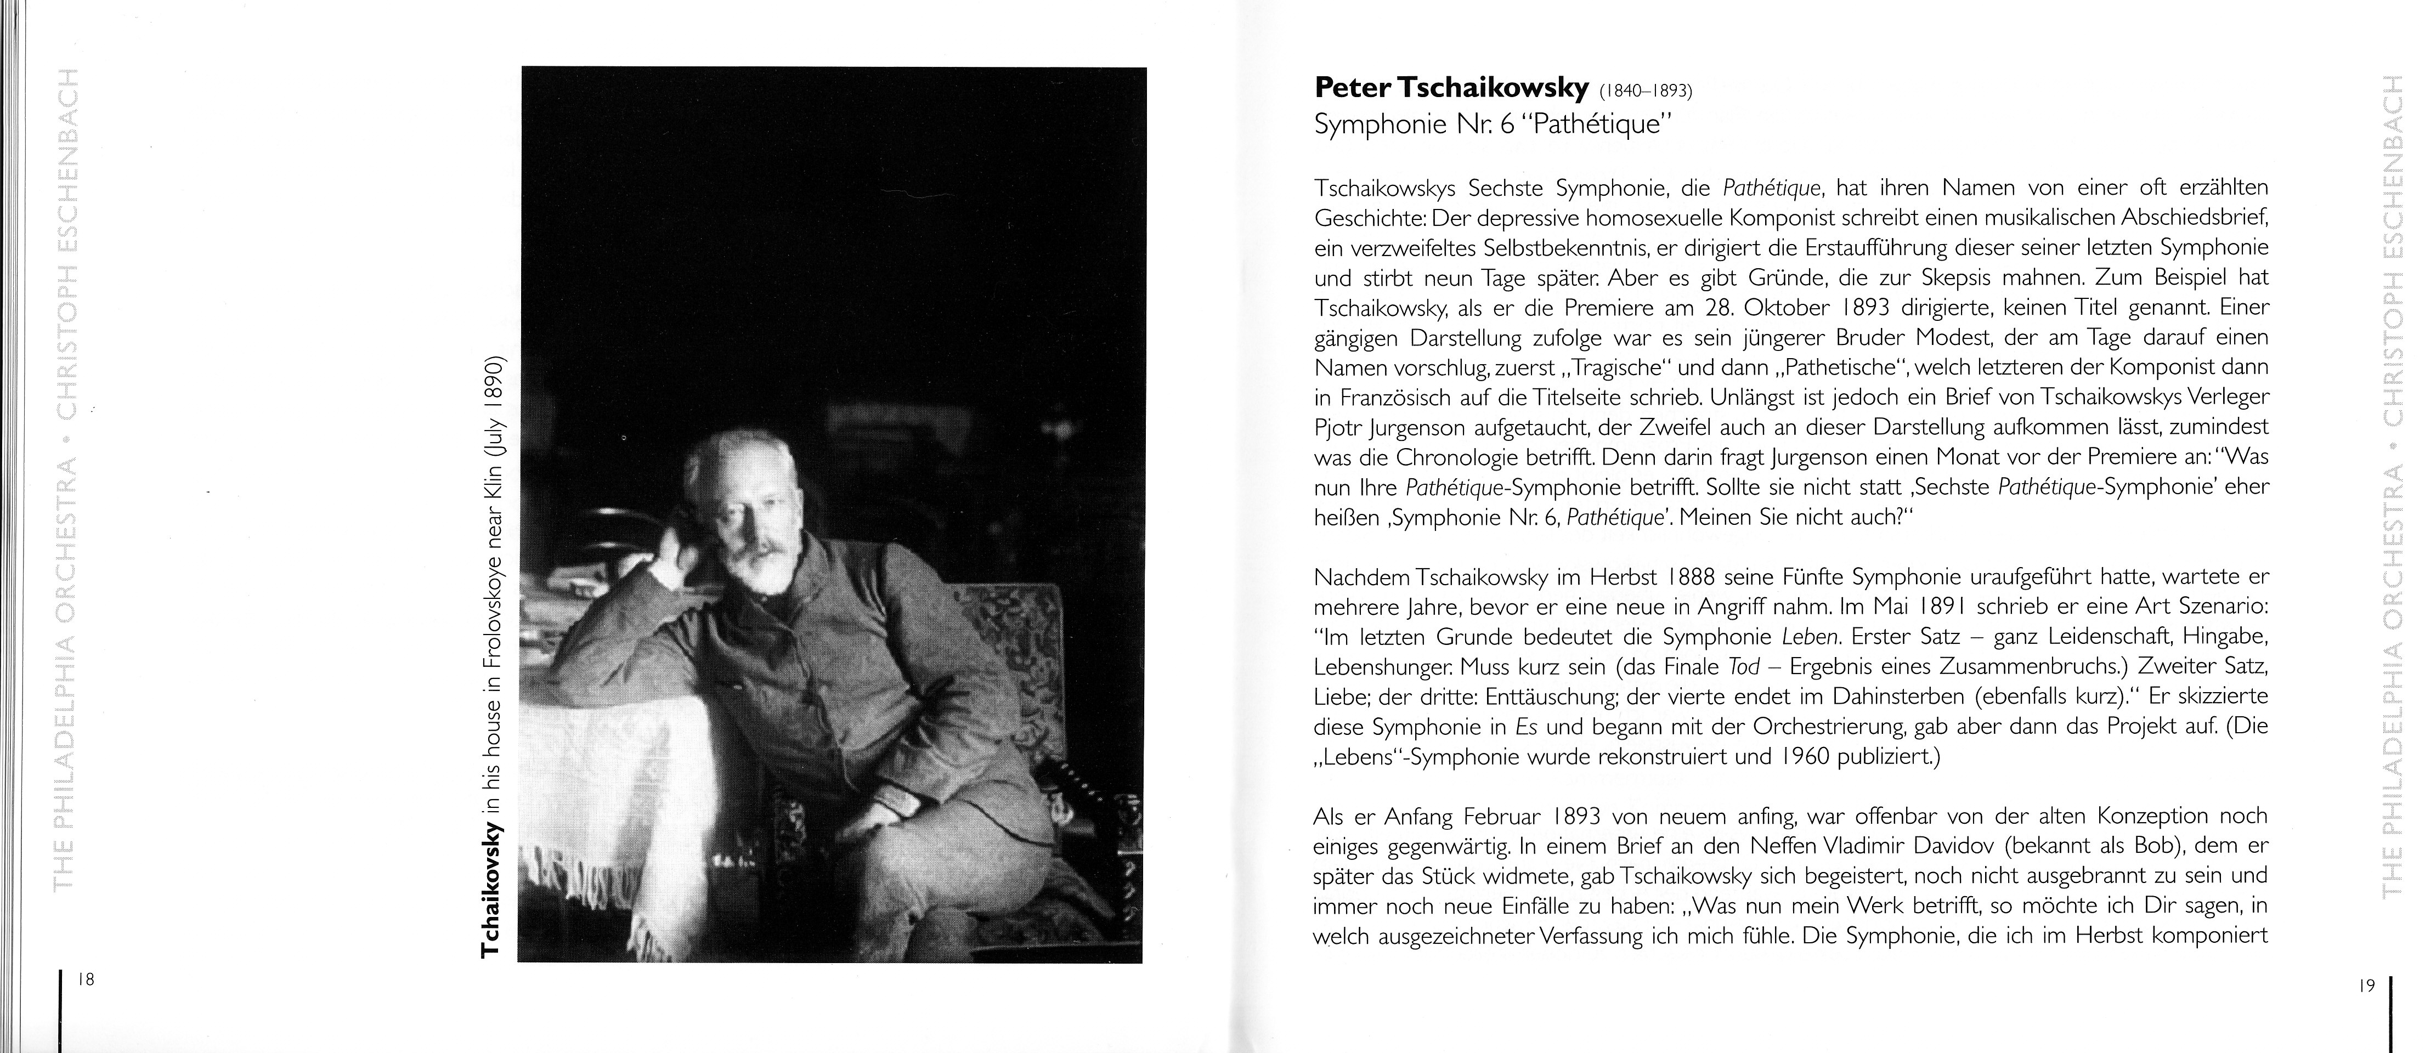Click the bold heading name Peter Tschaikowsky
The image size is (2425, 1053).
(1451, 88)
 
